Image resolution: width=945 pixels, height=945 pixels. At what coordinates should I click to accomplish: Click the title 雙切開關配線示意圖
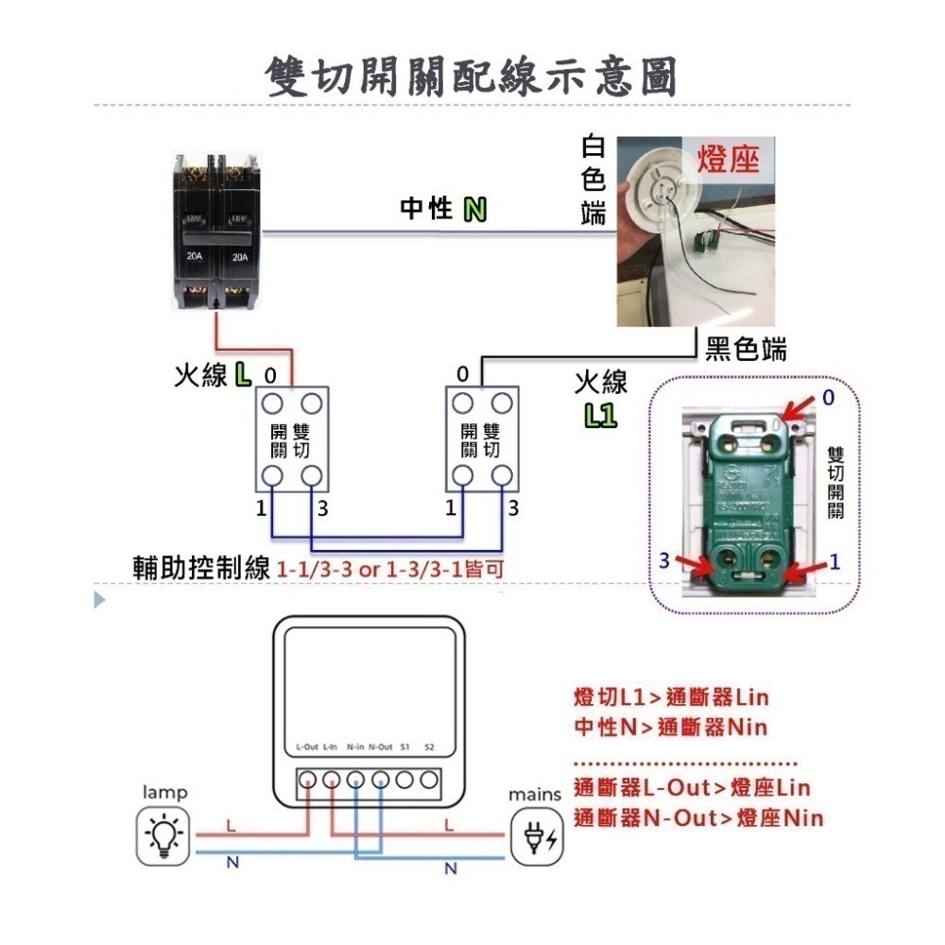point(472,75)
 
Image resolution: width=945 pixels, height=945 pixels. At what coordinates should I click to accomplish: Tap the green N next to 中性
point(474,210)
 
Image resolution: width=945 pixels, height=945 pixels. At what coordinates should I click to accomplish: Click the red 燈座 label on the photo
point(728,159)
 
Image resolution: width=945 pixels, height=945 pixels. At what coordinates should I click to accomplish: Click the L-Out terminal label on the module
point(306,747)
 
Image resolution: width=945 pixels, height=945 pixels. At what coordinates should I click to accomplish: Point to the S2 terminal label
point(429,747)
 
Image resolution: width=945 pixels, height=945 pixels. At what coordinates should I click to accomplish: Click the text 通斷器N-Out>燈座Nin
point(697,817)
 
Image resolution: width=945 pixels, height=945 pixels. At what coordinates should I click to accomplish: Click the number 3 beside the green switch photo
point(664,560)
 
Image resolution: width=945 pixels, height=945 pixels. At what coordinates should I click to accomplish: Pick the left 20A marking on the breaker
point(195,256)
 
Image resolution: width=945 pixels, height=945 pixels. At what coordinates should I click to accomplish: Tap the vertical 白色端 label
point(593,180)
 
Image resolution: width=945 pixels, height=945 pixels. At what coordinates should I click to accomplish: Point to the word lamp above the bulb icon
point(164,792)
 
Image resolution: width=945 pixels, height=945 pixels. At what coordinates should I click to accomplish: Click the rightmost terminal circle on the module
point(429,781)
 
